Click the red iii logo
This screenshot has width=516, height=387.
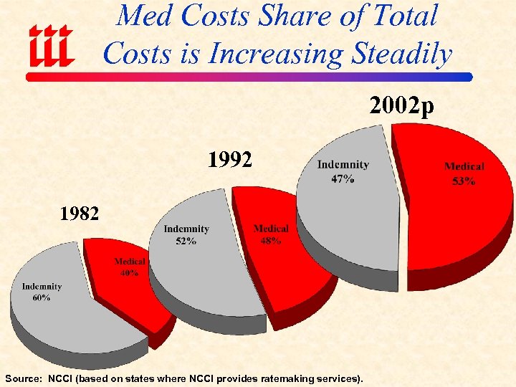[x=52, y=44]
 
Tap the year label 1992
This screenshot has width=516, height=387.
[x=229, y=159]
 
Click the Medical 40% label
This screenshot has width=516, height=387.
[x=130, y=267]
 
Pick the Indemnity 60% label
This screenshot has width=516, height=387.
[x=42, y=292]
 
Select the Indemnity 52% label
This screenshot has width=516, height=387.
[x=186, y=234]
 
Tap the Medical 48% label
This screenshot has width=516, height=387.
[x=271, y=234]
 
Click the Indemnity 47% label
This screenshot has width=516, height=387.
[x=343, y=171]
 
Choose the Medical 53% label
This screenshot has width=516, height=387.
[x=464, y=173]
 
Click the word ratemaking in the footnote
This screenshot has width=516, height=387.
[x=271, y=378]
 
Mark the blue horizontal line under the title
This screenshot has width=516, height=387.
[x=287, y=76]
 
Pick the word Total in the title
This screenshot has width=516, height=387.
[x=407, y=16]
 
